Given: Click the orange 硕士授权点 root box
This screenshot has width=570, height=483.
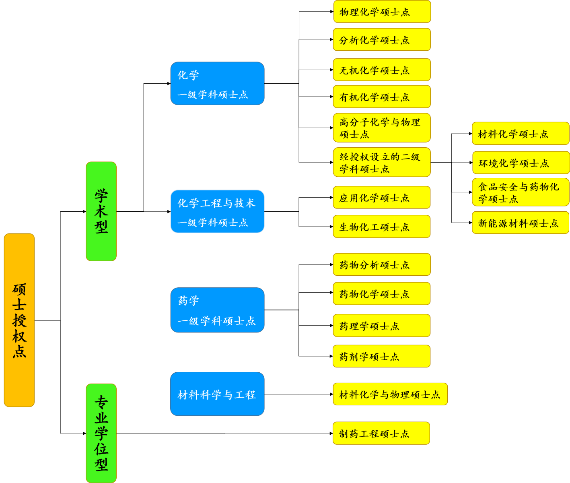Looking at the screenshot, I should (x=19, y=320).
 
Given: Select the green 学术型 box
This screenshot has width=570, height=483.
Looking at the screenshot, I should (x=101, y=211).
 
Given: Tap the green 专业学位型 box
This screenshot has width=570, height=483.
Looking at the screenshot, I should (x=101, y=433).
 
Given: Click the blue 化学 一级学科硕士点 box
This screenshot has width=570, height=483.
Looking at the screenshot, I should (x=217, y=83).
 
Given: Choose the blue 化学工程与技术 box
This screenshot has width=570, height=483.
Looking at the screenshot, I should (x=217, y=211).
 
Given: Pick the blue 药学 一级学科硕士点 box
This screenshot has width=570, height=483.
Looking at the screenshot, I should (x=217, y=310).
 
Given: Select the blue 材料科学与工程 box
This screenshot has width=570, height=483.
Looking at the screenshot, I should (x=217, y=394).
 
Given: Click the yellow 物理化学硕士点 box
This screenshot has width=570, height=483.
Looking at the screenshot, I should (x=382, y=12).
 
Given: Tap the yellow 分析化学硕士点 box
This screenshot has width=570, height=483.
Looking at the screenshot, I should (x=382, y=39).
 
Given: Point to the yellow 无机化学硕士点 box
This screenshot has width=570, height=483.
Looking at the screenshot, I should (x=382, y=70).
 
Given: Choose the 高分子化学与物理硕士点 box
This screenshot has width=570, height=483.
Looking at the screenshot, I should (x=382, y=128).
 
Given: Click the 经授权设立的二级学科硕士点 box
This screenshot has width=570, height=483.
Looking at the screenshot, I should (x=382, y=162).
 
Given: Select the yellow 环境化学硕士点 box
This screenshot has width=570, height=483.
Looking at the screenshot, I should (x=521, y=163).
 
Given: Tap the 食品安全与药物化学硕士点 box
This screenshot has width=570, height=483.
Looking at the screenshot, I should (x=521, y=192).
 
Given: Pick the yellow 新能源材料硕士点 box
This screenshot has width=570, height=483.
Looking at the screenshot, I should (x=521, y=223).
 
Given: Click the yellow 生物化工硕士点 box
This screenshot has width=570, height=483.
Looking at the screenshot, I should (x=382, y=227).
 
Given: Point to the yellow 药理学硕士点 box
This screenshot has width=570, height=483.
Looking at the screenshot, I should (x=382, y=325).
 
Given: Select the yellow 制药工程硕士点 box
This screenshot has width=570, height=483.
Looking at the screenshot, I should (x=381, y=433).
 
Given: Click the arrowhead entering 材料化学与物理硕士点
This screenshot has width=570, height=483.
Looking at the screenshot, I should (x=331, y=394).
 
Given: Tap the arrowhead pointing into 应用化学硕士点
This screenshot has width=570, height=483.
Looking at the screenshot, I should (x=331, y=198).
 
